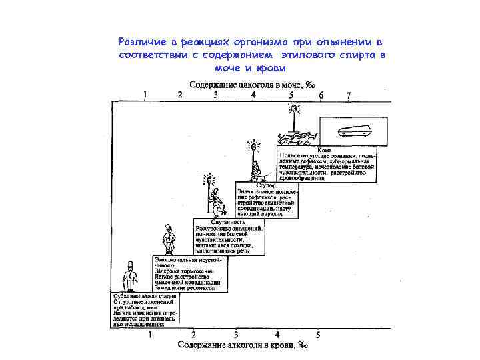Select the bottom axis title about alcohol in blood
(243, 345)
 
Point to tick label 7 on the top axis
(348, 95)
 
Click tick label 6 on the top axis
(321, 95)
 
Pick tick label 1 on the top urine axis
(145, 95)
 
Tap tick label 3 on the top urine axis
(215, 95)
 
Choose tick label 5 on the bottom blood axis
(318, 334)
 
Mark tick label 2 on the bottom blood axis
(193, 334)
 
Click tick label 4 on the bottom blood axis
(277, 334)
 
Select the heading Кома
(325, 149)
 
